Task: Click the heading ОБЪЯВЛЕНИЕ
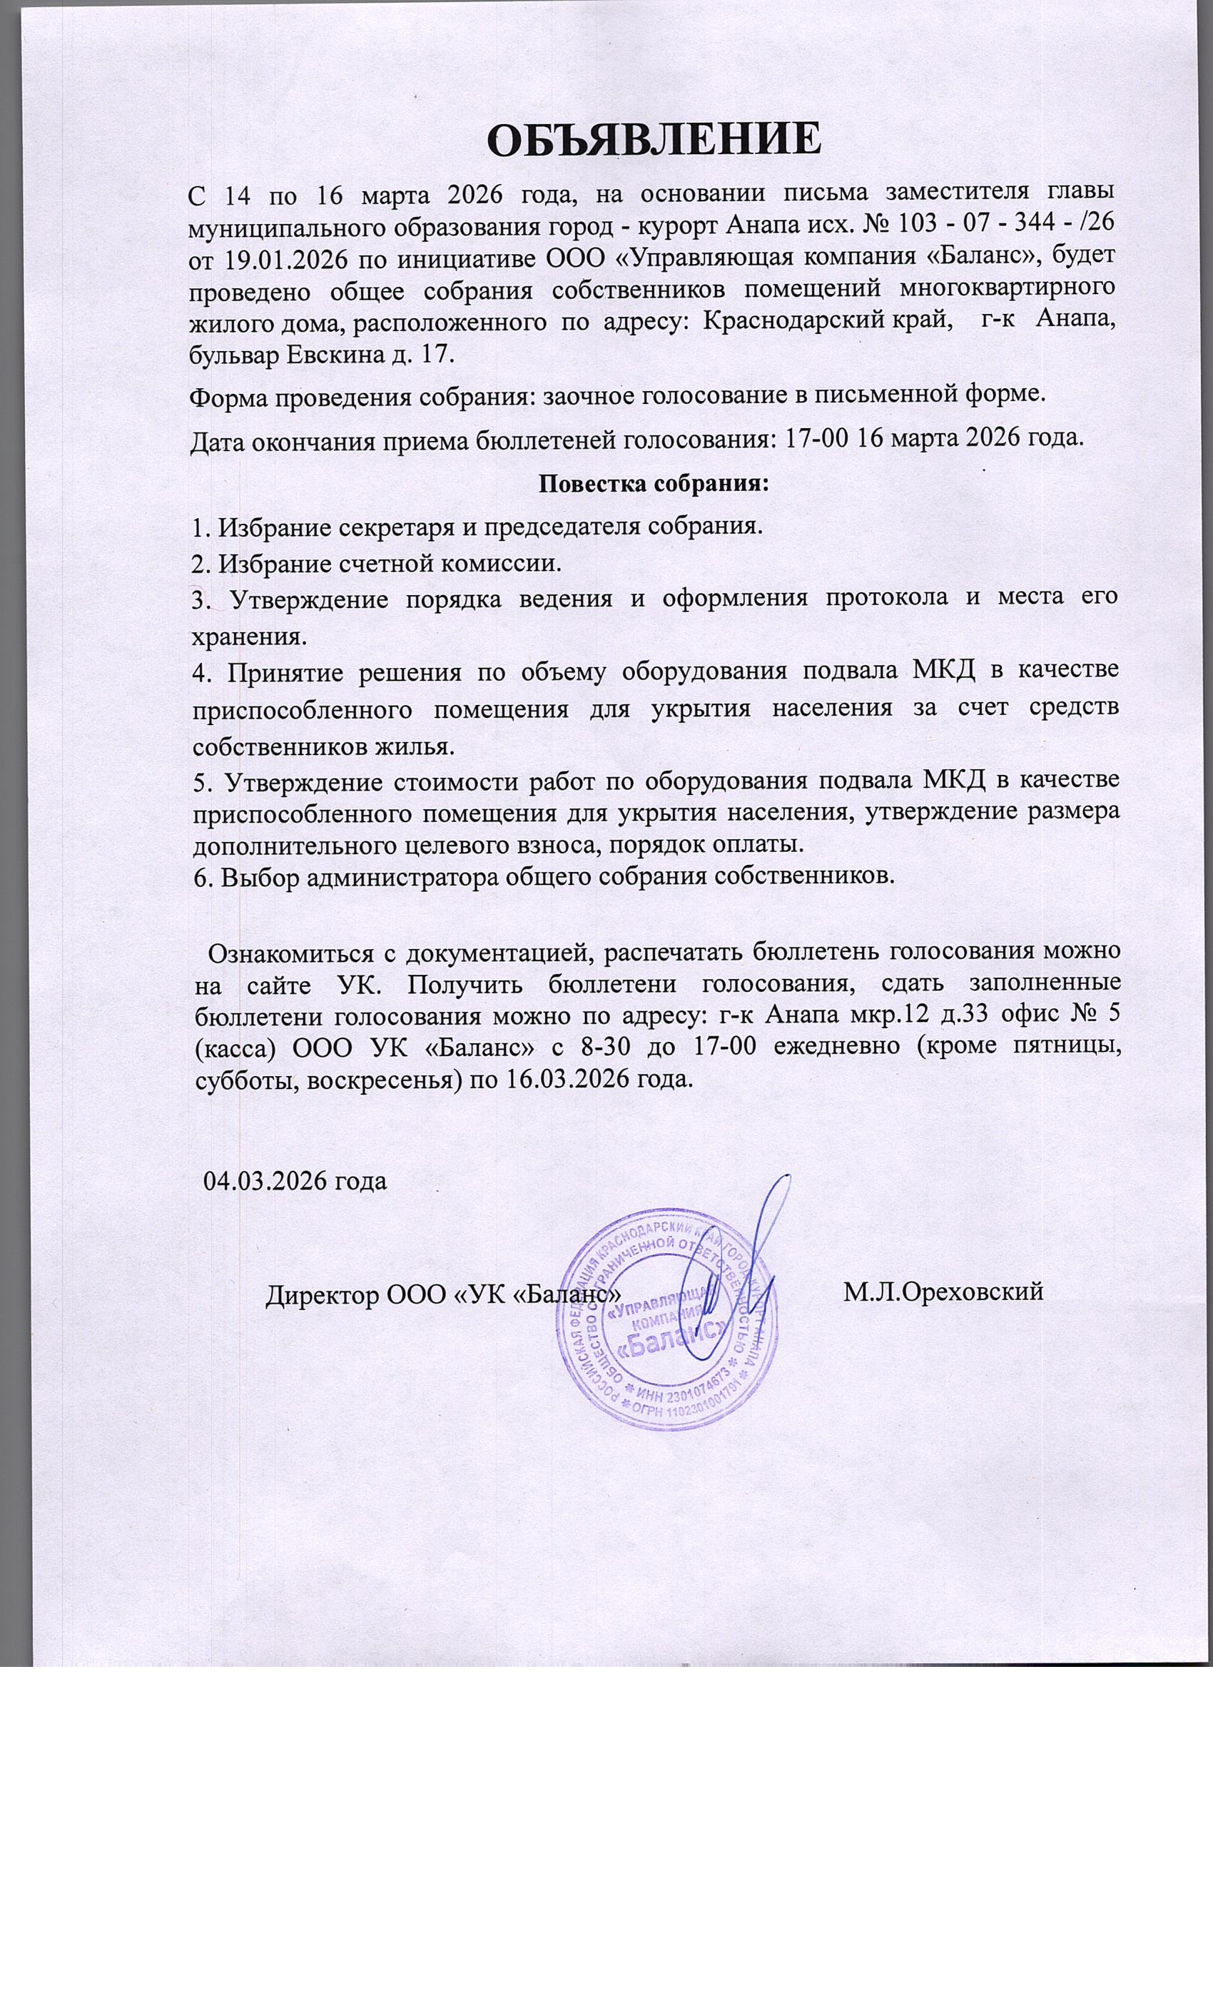click(x=654, y=138)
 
